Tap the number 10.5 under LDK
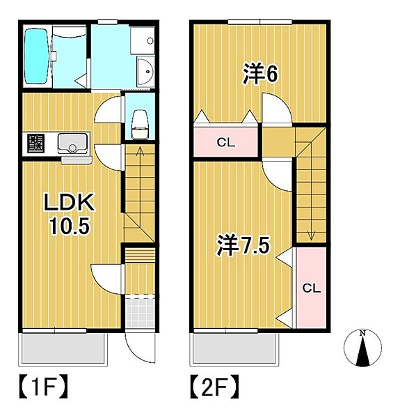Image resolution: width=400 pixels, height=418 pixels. pos(68,226)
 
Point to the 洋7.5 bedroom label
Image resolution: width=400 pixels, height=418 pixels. pos(243,245)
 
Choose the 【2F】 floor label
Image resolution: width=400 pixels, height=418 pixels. pos(214,385)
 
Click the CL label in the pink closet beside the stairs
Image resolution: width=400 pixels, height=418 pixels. pos(311,288)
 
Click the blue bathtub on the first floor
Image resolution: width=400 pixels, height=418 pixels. pos(35,55)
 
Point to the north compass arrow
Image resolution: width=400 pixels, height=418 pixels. pos(362,348)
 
